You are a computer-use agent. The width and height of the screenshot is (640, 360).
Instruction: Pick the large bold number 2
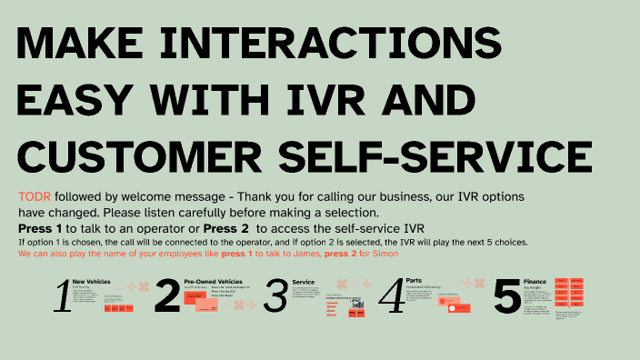pos(167,297)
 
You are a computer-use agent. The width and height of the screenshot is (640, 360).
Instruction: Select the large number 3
pos(275,297)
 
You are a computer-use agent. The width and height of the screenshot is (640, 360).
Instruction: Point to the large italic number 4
pos(391,296)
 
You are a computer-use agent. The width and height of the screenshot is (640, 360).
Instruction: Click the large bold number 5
pos(506,297)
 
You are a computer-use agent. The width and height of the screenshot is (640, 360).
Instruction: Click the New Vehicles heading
pos(91,282)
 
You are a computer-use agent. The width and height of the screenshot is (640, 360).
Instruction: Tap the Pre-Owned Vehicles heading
pos(213,282)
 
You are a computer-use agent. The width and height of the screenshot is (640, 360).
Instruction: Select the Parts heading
pos(414,280)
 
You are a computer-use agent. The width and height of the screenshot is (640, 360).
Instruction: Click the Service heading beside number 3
pos(303,282)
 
